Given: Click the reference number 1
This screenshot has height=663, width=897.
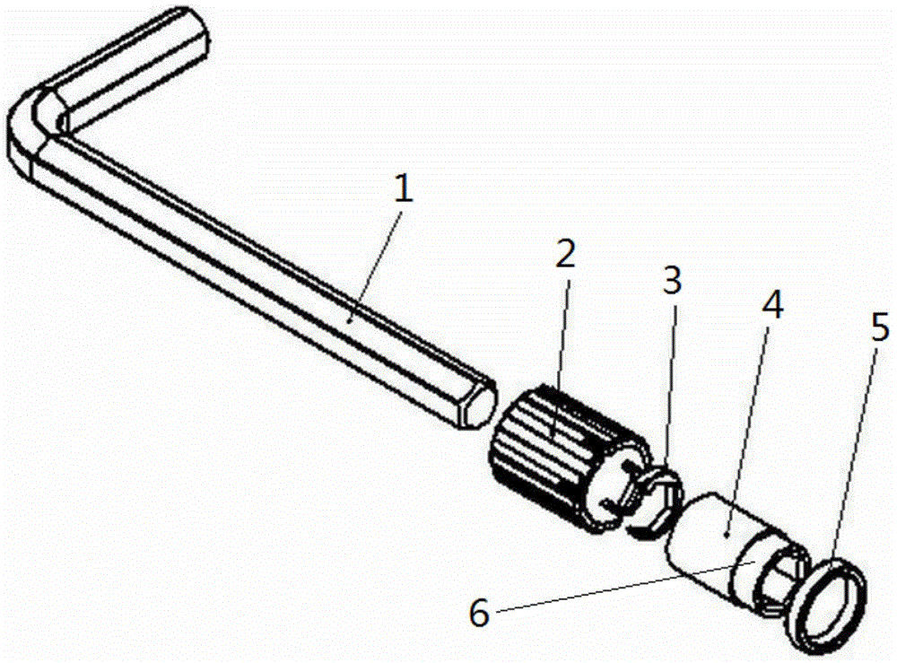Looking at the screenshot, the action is pos(403,188).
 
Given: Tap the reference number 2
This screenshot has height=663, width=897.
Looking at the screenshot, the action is pos(565,254).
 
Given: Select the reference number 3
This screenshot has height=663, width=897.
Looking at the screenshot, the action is pos(672,281).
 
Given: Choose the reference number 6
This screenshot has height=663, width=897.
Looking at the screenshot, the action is pos(479,614).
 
